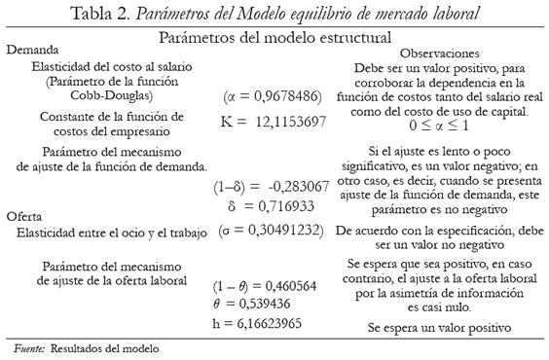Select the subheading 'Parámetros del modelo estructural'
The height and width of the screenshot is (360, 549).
point(275,35)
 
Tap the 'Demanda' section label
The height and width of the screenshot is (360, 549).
point(32,49)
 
